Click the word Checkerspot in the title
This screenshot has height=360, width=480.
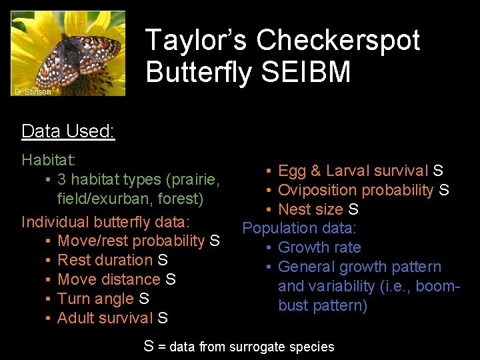click(x=338, y=40)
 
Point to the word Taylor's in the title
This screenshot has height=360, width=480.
click(x=197, y=40)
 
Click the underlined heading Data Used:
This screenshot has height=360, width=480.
click(x=68, y=131)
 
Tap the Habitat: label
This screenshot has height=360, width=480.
click(x=49, y=160)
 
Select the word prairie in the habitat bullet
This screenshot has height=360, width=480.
click(x=193, y=179)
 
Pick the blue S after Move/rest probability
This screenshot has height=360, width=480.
click(x=215, y=241)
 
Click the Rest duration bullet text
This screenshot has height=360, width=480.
click(x=106, y=260)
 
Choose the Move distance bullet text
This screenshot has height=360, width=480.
click(x=109, y=279)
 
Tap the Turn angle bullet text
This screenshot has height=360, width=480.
click(x=96, y=299)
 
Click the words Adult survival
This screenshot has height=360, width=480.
click(x=105, y=318)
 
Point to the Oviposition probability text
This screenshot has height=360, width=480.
click(x=355, y=190)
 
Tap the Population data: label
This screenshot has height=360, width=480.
click(x=299, y=228)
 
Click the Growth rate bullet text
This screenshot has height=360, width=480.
click(x=319, y=247)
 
